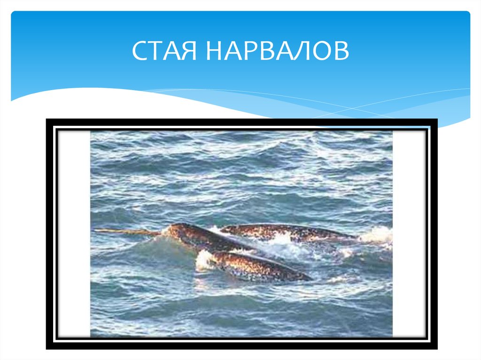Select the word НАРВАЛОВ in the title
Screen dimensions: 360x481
(277, 51)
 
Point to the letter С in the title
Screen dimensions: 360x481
(139, 51)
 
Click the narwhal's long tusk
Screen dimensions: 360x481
(127, 231)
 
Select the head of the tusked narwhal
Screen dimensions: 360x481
(176, 231)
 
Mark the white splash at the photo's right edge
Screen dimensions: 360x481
(377, 235)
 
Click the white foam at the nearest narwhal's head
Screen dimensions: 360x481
(204, 260)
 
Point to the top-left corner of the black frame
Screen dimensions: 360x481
(47, 120)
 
